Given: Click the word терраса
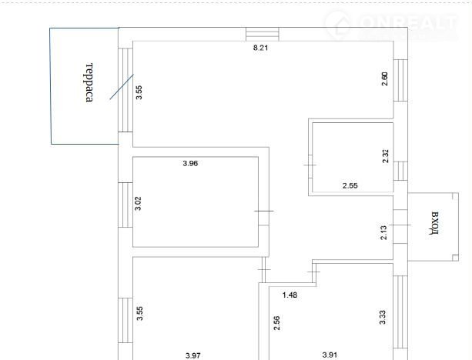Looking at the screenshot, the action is click(x=89, y=82).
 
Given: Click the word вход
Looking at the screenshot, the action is click(x=434, y=223).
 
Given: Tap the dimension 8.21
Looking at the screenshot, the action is click(x=261, y=48).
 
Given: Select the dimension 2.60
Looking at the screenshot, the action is click(x=385, y=78).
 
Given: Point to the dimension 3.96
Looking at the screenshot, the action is click(x=190, y=163).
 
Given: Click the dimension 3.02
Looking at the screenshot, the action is click(x=138, y=203).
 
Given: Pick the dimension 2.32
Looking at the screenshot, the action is click(x=386, y=156).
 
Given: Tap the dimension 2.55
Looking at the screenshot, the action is click(x=350, y=185).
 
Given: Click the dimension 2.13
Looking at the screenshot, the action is click(x=383, y=232).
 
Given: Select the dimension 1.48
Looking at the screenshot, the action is click(x=290, y=295).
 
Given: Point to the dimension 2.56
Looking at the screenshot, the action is click(x=276, y=323).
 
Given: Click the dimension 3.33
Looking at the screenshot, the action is click(x=382, y=318).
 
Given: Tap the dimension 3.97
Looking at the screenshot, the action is click(x=193, y=356).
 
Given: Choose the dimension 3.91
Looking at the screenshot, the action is click(x=330, y=355).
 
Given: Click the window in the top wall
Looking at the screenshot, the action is click(x=263, y=34).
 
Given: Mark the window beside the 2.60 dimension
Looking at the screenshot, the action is click(x=400, y=80).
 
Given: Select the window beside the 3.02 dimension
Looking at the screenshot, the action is click(x=126, y=205).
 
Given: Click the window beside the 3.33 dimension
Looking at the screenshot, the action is click(x=400, y=312).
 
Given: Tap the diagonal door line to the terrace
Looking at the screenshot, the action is click(x=122, y=87).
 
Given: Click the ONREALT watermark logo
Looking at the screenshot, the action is click(x=391, y=25).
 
